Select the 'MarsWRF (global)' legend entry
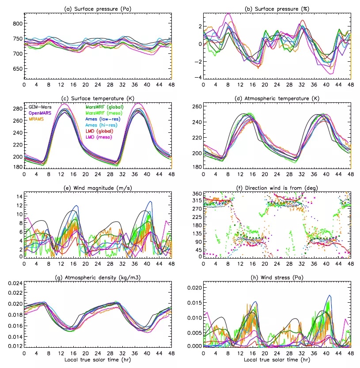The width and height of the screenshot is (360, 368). tap(105, 107)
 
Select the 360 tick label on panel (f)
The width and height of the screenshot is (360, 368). tap(196, 194)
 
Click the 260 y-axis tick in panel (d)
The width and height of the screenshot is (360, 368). tap(196, 107)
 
